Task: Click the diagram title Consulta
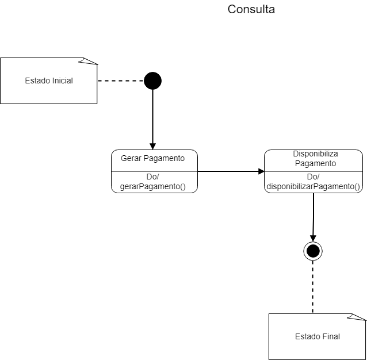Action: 251,10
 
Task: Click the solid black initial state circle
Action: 152,81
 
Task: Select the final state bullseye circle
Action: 313,251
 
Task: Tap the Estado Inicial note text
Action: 49,81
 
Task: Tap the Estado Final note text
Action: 317,336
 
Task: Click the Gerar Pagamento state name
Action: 153,158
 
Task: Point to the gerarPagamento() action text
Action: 153,186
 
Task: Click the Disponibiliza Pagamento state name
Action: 315,159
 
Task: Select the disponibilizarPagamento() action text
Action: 314,186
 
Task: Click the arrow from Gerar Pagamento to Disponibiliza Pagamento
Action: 230,171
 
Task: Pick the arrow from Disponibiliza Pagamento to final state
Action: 314,216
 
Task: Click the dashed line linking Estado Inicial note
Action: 121,81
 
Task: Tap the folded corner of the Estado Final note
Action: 361,317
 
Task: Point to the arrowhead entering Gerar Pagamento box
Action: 152,145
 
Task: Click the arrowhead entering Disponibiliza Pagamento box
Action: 261,171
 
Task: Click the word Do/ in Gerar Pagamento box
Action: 152,177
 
